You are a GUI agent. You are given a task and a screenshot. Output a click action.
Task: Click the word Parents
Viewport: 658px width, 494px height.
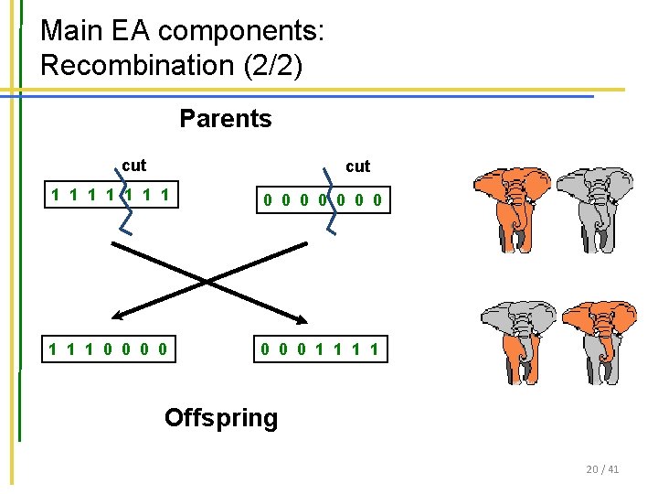click(x=225, y=119)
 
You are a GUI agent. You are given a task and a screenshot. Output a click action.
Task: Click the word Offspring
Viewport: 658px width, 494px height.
click(x=220, y=418)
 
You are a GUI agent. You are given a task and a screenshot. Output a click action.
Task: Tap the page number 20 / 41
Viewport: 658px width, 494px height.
click(x=602, y=469)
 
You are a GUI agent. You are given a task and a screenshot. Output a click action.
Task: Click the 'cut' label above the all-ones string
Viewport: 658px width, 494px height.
click(x=133, y=166)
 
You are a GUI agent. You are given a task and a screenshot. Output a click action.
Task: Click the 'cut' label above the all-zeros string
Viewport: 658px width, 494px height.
click(x=357, y=166)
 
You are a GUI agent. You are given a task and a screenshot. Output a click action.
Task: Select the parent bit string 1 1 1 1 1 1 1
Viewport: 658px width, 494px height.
click(x=113, y=195)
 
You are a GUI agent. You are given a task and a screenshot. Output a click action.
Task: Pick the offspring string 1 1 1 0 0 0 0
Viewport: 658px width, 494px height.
click(x=109, y=349)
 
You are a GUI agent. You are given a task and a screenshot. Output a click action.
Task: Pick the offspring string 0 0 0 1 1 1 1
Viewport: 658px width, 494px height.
click(x=321, y=349)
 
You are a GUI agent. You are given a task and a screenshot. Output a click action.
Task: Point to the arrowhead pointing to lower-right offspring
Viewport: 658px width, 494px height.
click(x=303, y=317)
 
